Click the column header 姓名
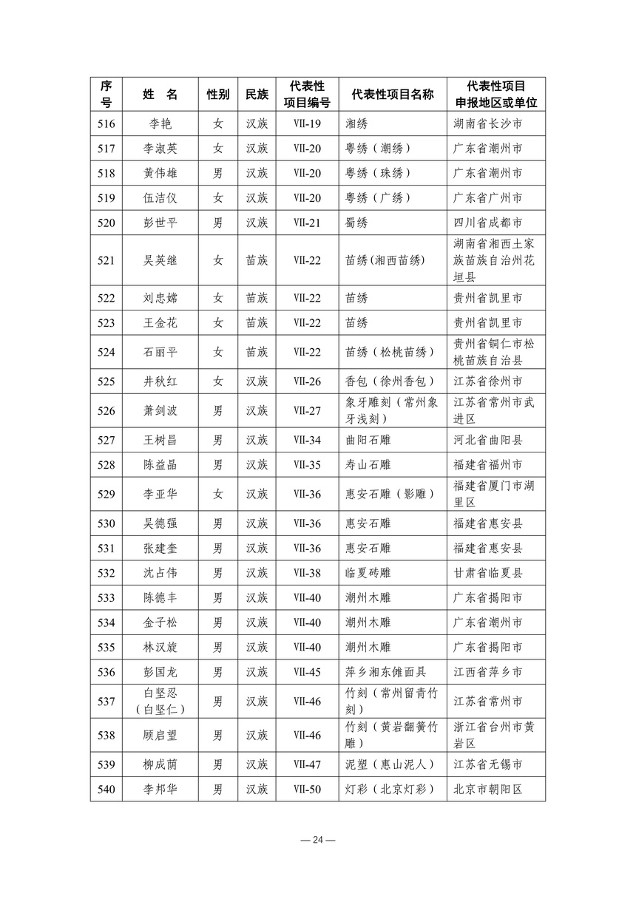(160, 95)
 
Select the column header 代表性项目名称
(393, 95)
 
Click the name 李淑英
(160, 149)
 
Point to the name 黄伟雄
(160, 173)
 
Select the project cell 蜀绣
(356, 223)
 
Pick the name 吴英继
(160, 260)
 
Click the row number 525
(106, 381)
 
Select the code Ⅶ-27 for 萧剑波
(307, 410)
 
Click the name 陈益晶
(160, 465)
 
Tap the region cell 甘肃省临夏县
(488, 573)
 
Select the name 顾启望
(160, 735)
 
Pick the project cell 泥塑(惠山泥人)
(390, 764)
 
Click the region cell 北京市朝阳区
(488, 790)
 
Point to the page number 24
(318, 840)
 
